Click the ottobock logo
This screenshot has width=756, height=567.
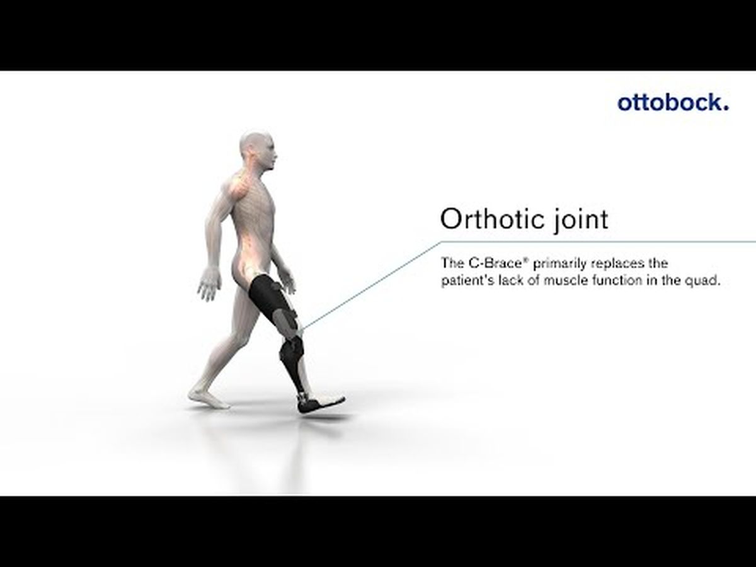pos(673,103)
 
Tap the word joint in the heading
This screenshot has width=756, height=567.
pos(581,220)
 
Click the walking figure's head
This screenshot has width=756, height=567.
pos(258,151)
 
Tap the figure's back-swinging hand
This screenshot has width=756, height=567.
pos(209,283)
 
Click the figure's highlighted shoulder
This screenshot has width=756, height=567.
pos(238,186)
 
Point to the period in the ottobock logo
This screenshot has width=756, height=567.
pos(726,108)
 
